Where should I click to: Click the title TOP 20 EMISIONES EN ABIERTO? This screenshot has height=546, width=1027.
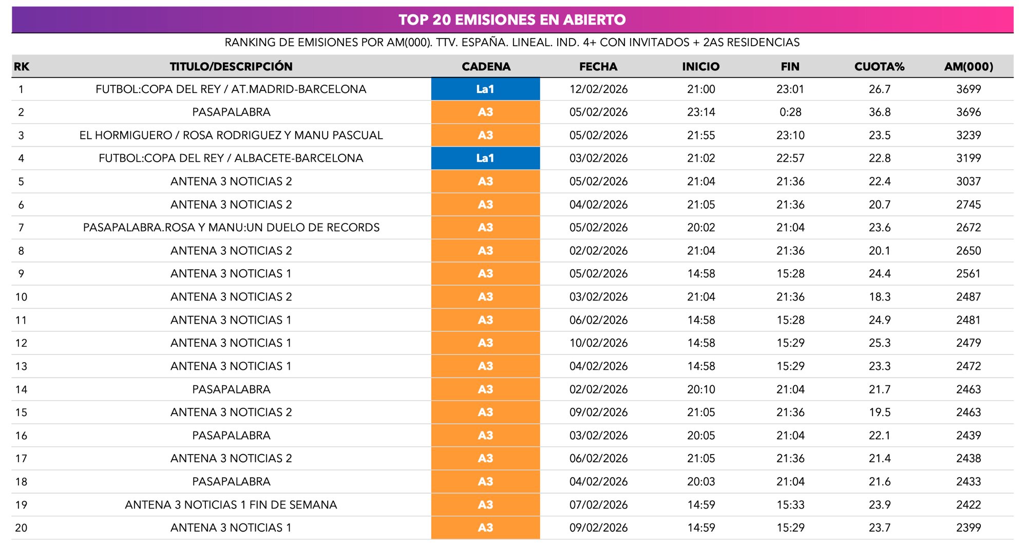click(x=512, y=20)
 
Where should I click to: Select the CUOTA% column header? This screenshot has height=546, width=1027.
click(x=879, y=66)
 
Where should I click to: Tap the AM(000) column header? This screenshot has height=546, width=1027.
click(x=968, y=66)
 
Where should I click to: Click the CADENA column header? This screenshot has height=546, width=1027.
click(x=486, y=66)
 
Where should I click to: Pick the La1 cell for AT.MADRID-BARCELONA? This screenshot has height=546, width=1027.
click(x=485, y=89)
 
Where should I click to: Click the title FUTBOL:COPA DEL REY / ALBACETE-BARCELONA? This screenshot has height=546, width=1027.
click(x=231, y=158)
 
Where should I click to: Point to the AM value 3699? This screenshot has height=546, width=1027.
click(x=968, y=89)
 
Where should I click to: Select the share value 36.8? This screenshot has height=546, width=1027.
click(x=879, y=112)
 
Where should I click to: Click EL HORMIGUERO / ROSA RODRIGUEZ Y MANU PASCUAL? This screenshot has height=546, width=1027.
click(x=231, y=135)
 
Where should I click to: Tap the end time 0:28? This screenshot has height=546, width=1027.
click(x=790, y=112)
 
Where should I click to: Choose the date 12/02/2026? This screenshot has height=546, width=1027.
click(x=598, y=89)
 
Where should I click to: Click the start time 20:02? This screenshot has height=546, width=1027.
click(x=701, y=228)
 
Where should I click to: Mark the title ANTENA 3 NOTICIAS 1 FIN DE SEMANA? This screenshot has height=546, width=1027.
click(x=231, y=505)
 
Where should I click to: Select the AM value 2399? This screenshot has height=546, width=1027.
click(x=968, y=528)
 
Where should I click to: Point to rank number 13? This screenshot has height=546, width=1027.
click(x=21, y=366)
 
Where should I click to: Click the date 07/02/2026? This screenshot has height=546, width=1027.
click(x=598, y=505)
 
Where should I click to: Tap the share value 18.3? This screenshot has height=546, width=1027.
click(x=879, y=297)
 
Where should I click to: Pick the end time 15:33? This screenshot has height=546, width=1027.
click(x=790, y=505)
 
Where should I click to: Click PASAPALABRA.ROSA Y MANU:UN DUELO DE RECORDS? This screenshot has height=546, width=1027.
click(x=231, y=228)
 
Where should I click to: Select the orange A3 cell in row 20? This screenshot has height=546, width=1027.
click(x=485, y=528)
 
